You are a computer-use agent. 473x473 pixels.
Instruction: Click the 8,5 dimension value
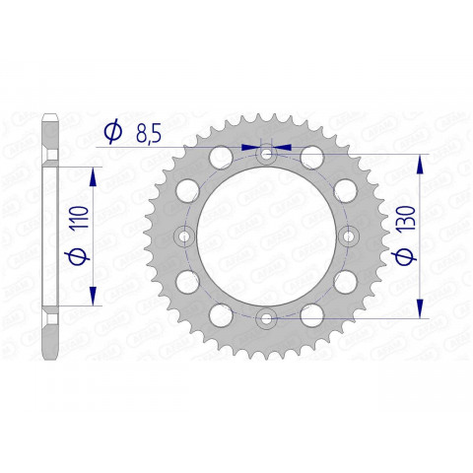(x=149, y=131)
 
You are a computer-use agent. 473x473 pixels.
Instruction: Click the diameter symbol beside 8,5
(x=111, y=131)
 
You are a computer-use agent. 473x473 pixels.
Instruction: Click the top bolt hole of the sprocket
(x=266, y=156)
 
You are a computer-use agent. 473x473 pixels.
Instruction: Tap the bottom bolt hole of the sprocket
(x=266, y=317)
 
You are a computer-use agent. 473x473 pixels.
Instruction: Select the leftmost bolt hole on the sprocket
(x=185, y=236)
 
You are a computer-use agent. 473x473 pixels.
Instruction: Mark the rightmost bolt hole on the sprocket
(x=347, y=236)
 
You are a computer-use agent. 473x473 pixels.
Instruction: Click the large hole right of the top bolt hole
(x=312, y=157)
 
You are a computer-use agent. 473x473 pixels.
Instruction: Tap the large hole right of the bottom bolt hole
(x=312, y=316)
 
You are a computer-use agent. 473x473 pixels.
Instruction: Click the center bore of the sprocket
(x=266, y=236)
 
